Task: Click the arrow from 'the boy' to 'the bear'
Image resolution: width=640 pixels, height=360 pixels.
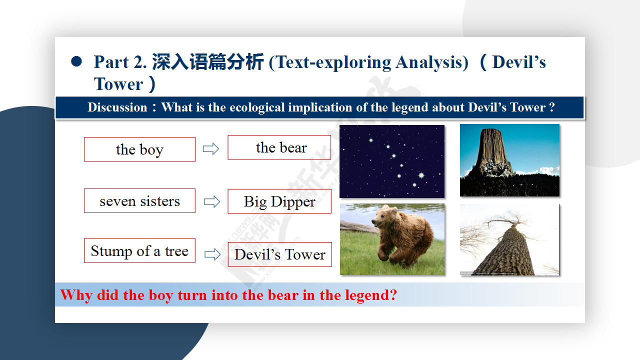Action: click(211, 149)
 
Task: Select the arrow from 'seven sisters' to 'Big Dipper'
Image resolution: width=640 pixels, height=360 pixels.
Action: click(212, 201)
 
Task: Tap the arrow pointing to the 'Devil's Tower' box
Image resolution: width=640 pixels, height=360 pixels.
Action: click(212, 254)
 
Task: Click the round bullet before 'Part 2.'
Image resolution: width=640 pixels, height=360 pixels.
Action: click(76, 61)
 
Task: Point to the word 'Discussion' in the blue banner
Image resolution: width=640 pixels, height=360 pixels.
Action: click(117, 107)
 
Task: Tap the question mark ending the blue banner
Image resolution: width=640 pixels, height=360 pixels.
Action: click(551, 107)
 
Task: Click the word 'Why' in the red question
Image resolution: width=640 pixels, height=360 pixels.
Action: click(76, 295)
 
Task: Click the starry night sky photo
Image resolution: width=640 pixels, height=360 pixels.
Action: click(392, 161)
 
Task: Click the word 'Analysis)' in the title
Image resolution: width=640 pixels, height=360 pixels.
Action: click(432, 62)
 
